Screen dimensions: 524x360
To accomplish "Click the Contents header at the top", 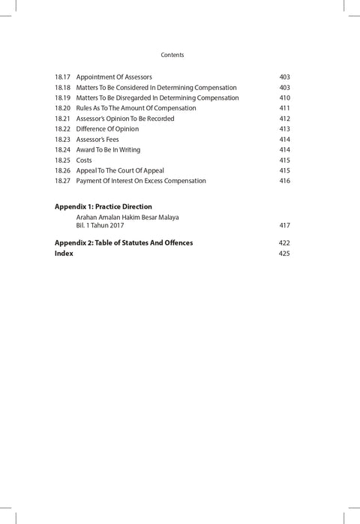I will (x=172, y=55).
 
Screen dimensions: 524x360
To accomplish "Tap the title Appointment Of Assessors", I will (x=114, y=77).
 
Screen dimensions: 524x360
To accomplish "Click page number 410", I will (x=284, y=98).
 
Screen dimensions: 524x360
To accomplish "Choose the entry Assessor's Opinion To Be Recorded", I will (x=125, y=119).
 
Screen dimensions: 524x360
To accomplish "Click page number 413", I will (x=284, y=129).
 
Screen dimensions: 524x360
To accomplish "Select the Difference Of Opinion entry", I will (x=107, y=129).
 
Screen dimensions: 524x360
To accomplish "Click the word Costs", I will (x=84, y=161).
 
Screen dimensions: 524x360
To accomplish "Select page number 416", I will (x=284, y=181).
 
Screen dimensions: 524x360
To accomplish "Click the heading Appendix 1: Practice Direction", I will (x=103, y=206).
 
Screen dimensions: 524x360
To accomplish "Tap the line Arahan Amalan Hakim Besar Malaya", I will (x=127, y=218).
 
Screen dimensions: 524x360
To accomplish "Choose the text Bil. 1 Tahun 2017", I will (x=100, y=225).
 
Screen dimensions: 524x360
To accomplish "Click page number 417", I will (x=284, y=225).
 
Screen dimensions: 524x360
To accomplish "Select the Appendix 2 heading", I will (x=124, y=243).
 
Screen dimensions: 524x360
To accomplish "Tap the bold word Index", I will (x=64, y=254).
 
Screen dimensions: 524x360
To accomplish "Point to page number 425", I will (x=284, y=254).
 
